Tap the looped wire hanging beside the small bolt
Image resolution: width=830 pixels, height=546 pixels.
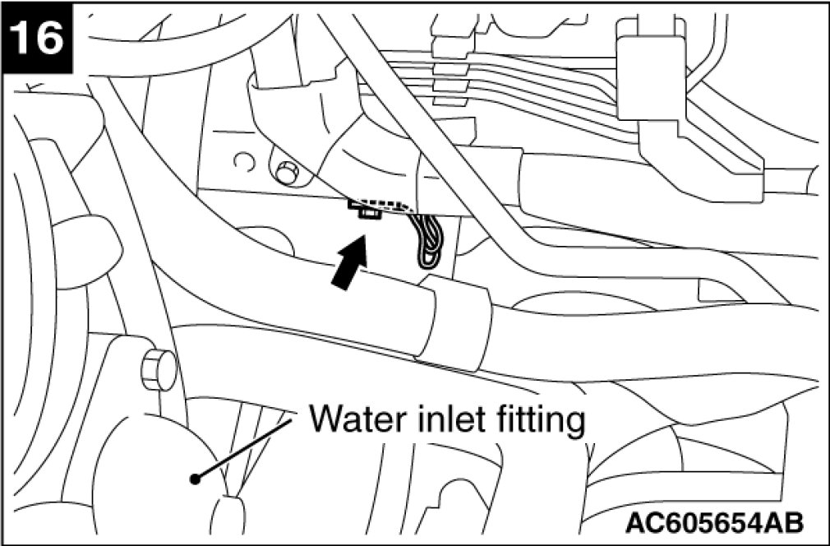428,243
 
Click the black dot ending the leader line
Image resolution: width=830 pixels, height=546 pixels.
195,479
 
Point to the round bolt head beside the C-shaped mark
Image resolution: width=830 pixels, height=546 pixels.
286,173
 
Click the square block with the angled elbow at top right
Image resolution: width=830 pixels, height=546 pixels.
649,74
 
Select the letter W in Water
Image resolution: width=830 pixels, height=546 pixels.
325,420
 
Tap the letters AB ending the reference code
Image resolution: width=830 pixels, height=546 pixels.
784,522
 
